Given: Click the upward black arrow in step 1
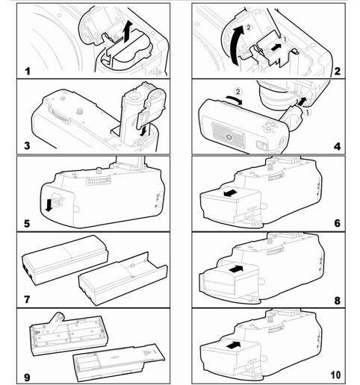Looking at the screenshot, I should point(131,31).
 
